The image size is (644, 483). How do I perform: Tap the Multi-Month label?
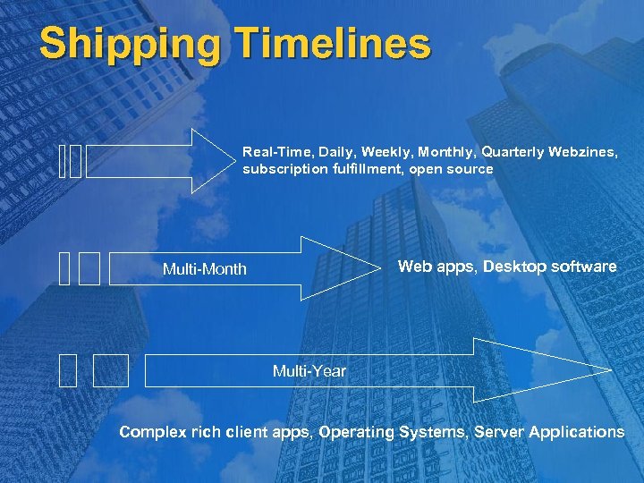(x=204, y=269)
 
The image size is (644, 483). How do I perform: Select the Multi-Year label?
(x=309, y=371)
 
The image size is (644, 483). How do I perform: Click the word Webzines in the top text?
(x=581, y=152)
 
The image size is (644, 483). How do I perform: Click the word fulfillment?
(x=367, y=168)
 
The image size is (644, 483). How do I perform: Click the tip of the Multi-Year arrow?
(x=610, y=370)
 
